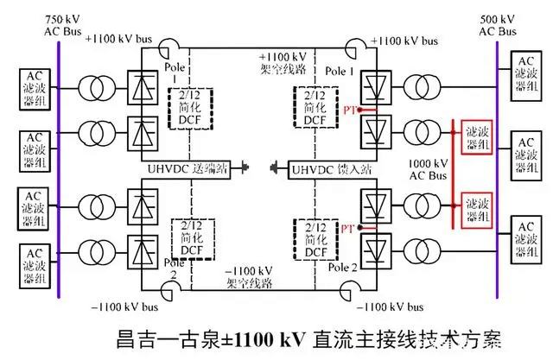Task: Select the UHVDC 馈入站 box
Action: coord(323,167)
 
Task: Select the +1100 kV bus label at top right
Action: coord(406,40)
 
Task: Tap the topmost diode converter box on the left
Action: coord(141,86)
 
